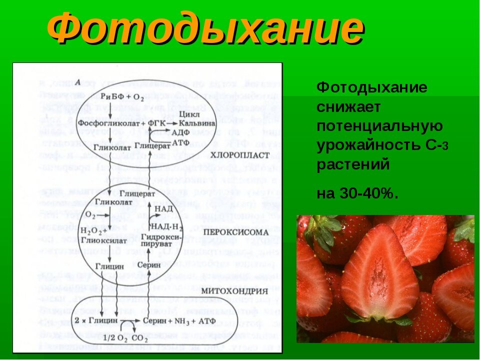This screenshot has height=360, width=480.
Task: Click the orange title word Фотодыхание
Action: click(x=205, y=29)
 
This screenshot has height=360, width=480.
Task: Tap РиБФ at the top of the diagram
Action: click(x=109, y=95)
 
